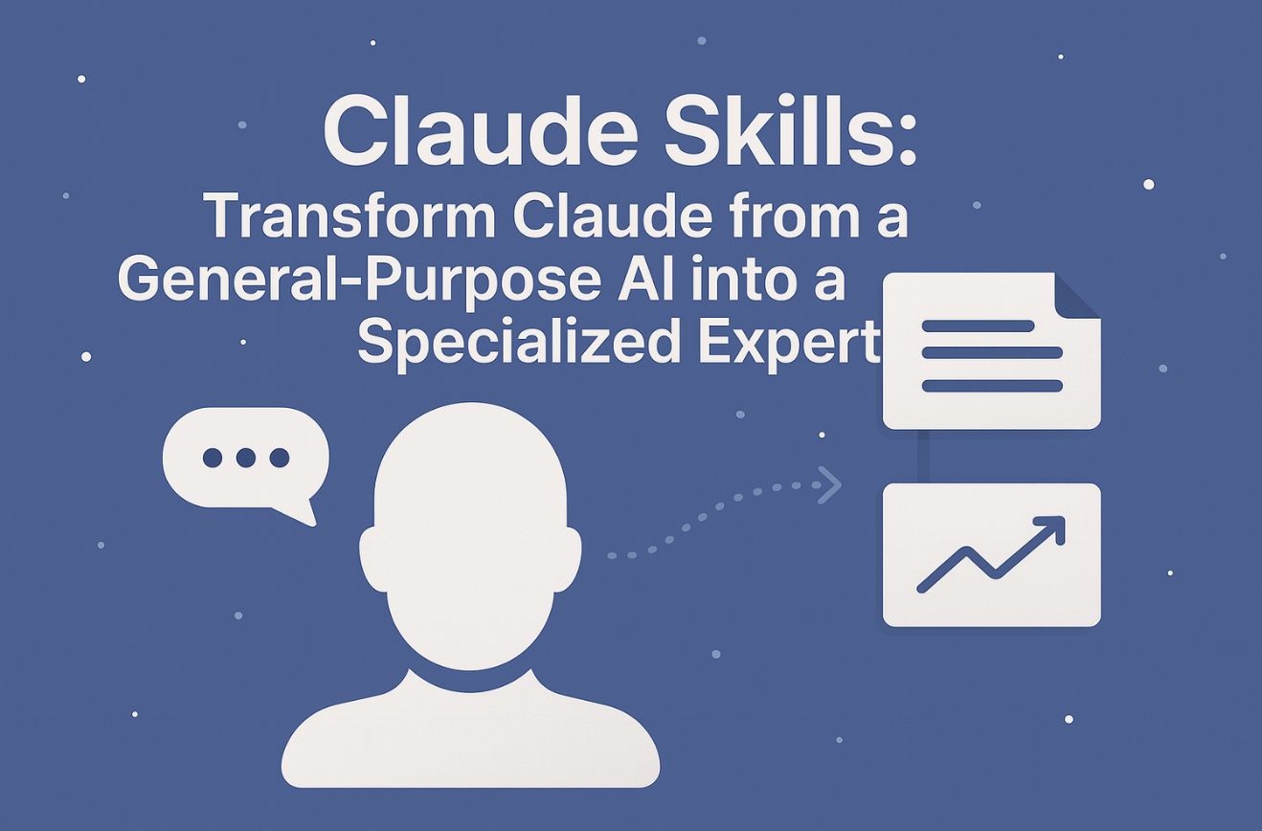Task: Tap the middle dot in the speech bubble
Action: tap(246, 458)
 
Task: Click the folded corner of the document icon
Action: tap(1077, 296)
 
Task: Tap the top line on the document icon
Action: tap(978, 326)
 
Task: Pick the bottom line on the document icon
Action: tap(992, 386)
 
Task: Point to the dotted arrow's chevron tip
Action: tap(840, 485)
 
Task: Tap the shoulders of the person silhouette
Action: tap(470, 732)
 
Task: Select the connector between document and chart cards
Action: tap(924, 457)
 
